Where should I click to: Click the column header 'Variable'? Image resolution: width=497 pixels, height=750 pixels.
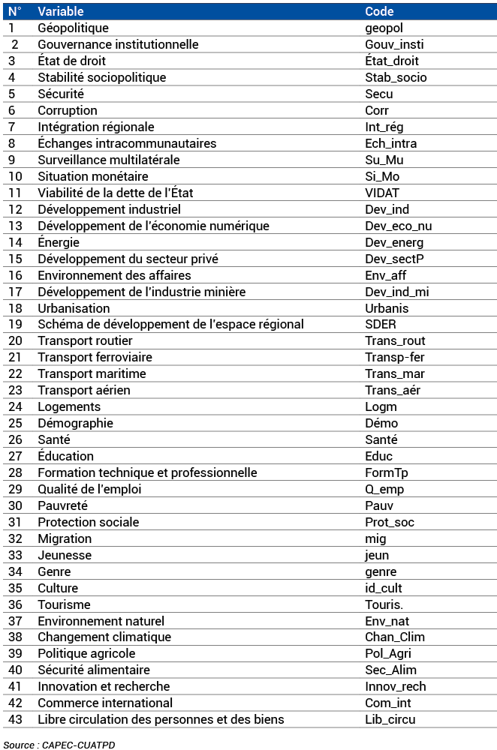click(x=61, y=11)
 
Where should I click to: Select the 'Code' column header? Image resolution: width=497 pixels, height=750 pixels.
click(x=379, y=11)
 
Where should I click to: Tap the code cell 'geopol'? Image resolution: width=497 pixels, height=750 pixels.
click(x=384, y=28)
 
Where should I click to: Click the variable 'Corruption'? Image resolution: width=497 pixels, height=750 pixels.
click(x=68, y=110)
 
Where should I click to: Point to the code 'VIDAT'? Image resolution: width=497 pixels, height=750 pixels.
click(x=382, y=193)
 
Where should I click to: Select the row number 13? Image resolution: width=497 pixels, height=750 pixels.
click(x=16, y=226)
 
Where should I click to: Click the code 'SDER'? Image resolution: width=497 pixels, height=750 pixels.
click(x=380, y=325)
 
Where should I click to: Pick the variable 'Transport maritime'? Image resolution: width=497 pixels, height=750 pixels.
click(x=92, y=373)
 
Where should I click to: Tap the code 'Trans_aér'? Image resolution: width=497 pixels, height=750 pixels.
click(x=393, y=390)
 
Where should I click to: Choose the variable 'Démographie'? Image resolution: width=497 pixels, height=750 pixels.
click(x=75, y=423)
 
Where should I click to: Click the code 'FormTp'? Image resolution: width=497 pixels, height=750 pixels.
click(x=387, y=472)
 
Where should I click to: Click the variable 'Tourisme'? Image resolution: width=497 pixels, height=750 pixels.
click(x=64, y=604)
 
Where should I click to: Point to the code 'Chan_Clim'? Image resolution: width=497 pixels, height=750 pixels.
click(x=395, y=637)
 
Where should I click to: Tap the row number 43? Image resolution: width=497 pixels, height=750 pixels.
click(x=16, y=719)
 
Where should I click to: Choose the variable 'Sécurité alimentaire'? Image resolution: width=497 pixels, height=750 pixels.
click(x=94, y=670)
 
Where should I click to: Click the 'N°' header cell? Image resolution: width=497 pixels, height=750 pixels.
click(x=15, y=11)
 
